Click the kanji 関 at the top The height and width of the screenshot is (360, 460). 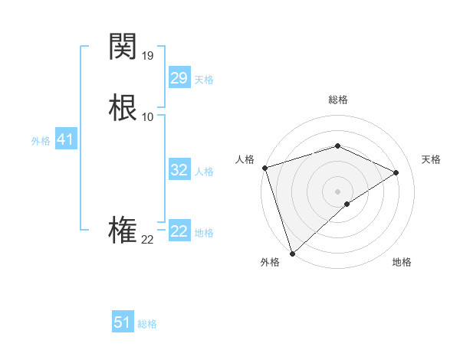(123, 47)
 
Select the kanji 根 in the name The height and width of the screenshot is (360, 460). (123, 107)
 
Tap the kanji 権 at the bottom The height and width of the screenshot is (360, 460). (123, 231)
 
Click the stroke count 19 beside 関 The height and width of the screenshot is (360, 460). (148, 56)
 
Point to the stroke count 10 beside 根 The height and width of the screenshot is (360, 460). (148, 116)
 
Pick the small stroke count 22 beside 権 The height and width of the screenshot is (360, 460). (148, 240)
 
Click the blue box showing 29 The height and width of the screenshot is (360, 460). (179, 78)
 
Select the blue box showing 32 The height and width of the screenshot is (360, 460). (179, 170)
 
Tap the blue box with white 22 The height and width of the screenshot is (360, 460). (179, 231)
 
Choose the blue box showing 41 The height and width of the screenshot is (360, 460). (65, 140)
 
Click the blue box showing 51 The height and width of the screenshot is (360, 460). (122, 322)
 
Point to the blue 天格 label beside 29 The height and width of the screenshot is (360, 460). (204, 80)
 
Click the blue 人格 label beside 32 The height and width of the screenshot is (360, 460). (204, 172)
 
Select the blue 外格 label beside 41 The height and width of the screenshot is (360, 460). (41, 142)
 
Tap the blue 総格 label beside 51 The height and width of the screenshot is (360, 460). (147, 324)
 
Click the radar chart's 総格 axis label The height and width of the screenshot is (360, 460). (337, 100)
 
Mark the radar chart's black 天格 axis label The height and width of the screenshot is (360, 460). (431, 159)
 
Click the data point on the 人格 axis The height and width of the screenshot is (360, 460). (264, 168)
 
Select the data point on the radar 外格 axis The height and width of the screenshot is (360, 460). (292, 253)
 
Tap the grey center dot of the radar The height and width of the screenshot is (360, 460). (337, 191)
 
